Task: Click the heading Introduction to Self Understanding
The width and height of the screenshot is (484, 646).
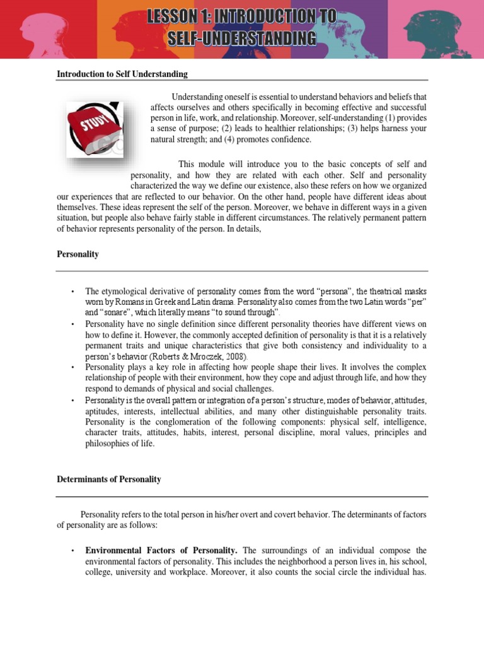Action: click(122, 74)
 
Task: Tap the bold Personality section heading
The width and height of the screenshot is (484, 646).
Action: click(78, 254)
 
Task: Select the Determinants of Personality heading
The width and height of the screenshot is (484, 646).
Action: click(108, 479)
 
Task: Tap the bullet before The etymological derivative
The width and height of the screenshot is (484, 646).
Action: click(73, 291)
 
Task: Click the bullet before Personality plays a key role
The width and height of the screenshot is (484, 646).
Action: click(73, 367)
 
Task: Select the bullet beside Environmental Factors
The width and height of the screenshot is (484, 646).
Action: click(73, 551)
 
